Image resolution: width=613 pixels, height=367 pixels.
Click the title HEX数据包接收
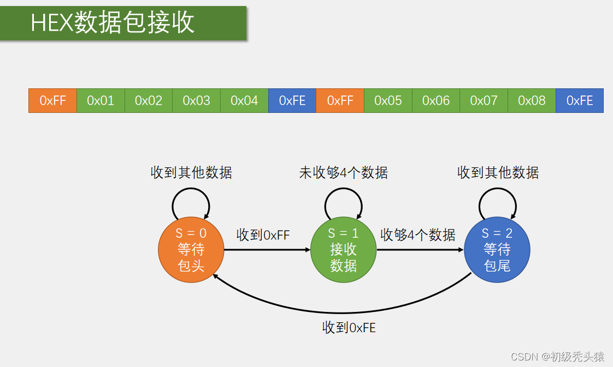(113, 23)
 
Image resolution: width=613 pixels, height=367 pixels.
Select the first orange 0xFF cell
(52, 100)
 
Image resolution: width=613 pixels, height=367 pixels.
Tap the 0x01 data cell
(101, 100)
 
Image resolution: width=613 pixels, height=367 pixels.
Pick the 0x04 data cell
(244, 100)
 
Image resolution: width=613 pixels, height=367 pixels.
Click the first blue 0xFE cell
(292, 100)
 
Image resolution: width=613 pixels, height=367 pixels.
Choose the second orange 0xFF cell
(340, 100)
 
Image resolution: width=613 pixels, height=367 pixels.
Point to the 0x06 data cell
(436, 100)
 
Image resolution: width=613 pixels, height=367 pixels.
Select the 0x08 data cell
(532, 100)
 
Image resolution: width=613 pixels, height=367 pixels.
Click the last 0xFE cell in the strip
(580, 100)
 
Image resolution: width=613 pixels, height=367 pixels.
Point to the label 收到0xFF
(263, 235)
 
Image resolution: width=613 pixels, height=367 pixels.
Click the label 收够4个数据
(418, 235)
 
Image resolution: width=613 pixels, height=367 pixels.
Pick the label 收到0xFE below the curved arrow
(349, 328)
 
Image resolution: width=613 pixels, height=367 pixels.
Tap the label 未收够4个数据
(343, 173)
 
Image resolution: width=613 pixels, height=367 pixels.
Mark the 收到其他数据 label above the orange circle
(191, 173)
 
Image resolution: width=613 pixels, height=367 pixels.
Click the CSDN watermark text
(557, 357)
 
